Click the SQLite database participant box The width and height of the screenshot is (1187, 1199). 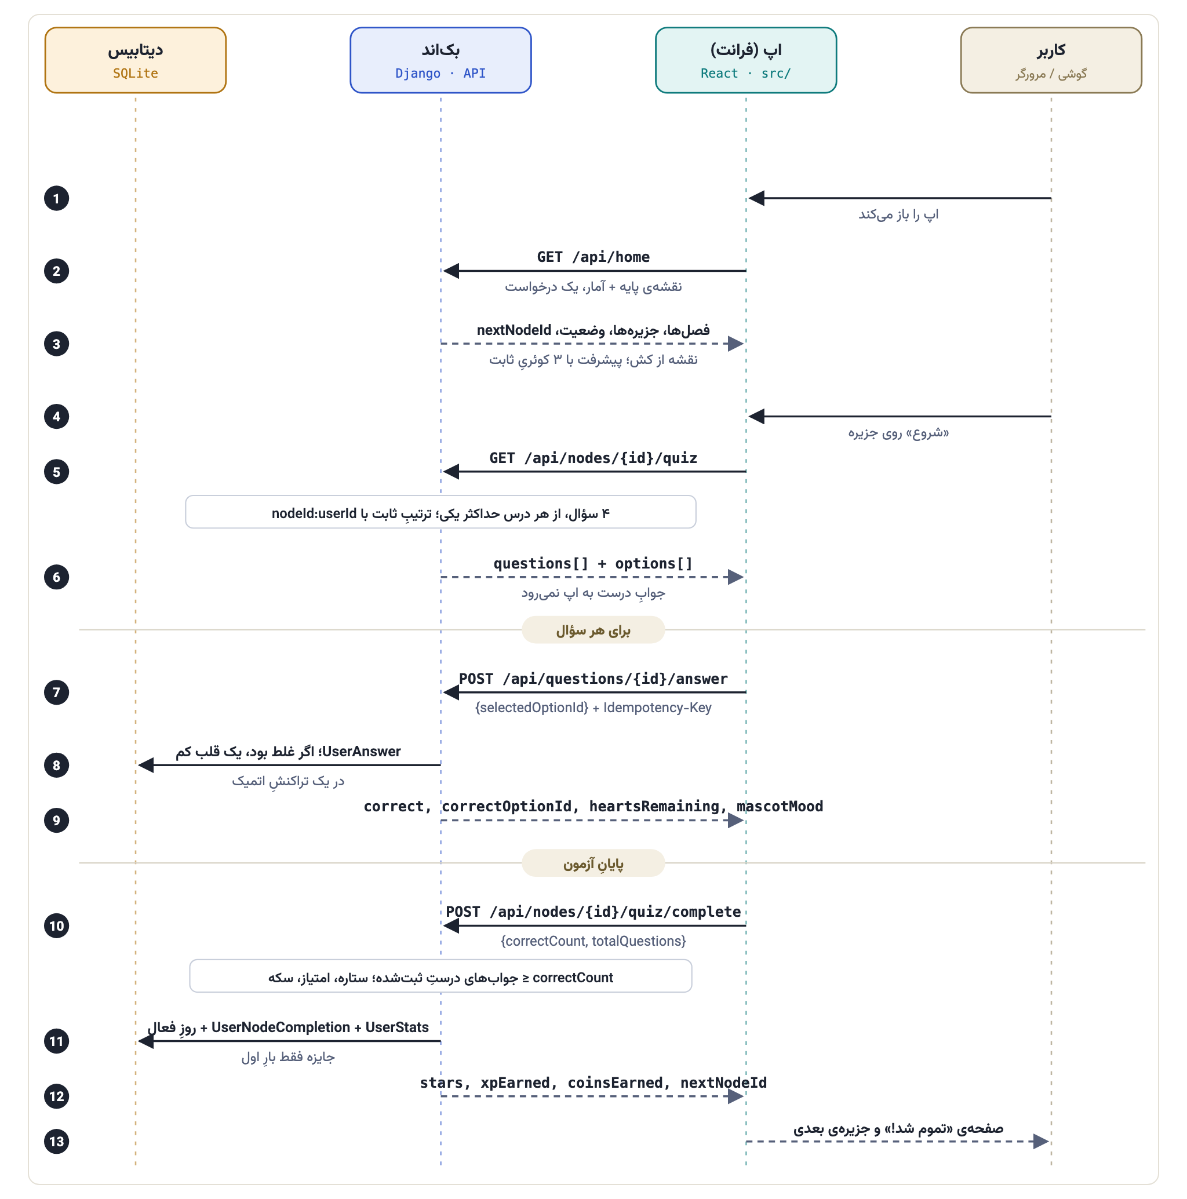136,60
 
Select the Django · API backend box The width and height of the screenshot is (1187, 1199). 441,60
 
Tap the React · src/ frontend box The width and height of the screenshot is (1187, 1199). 746,60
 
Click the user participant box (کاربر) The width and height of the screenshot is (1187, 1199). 1051,60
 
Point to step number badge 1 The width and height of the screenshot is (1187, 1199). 56,199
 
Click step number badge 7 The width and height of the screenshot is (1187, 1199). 56,693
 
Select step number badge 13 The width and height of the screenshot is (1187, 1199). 56,1141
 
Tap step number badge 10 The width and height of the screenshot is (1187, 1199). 56,926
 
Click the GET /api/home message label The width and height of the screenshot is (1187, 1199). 593,257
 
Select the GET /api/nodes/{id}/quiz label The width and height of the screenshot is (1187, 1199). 593,458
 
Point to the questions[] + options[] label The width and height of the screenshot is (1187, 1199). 593,563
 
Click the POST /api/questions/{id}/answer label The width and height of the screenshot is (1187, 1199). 593,679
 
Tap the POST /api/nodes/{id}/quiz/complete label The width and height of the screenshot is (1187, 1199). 593,912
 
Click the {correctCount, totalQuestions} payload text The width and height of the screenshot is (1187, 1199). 593,941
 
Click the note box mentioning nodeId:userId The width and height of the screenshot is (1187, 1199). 441,512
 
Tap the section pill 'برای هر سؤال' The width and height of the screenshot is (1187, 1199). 593,630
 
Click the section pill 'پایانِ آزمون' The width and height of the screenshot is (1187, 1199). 593,863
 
